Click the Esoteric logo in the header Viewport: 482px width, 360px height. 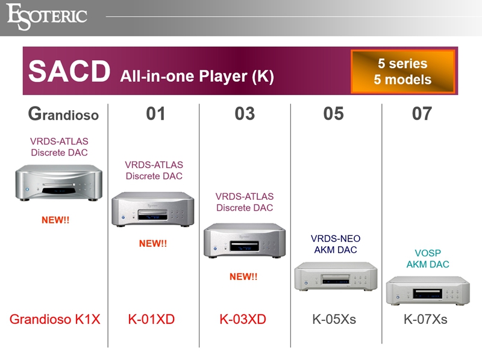[47, 17]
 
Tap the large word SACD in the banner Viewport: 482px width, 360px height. [69, 71]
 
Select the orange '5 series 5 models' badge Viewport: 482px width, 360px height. [402, 71]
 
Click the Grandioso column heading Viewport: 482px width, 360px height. [63, 114]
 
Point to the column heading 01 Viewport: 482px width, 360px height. [155, 114]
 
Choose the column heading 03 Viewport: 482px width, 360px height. [245, 114]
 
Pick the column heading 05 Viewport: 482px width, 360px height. [334, 114]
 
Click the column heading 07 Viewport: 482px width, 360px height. [422, 114]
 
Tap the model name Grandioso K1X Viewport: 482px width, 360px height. [55, 319]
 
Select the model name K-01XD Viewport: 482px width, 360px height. [151, 319]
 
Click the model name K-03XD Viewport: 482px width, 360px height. [243, 319]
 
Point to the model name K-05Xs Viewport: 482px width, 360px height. [334, 319]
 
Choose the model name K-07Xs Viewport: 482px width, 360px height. [425, 319]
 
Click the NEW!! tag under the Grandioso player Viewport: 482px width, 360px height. [55, 220]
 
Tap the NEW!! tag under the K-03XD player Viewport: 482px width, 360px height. [243, 276]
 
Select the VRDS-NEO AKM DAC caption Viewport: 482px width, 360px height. [336, 244]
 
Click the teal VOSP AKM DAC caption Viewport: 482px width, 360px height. [428, 259]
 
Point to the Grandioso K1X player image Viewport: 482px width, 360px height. [58, 183]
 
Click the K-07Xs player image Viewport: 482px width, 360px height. [428, 291]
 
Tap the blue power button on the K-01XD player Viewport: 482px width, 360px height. [124, 217]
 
